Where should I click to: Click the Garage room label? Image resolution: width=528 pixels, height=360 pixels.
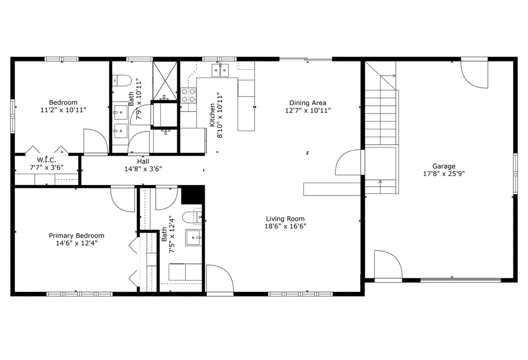point(443,166)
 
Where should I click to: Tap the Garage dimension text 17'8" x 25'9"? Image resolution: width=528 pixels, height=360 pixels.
point(443,174)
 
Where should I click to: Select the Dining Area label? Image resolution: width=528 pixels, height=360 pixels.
point(308,103)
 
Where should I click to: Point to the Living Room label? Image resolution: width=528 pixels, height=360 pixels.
point(285,219)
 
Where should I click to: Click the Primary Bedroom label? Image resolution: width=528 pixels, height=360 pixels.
point(76,236)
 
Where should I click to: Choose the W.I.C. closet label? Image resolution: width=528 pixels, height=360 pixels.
point(46,159)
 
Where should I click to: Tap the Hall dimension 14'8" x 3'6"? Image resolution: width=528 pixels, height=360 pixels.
point(143,169)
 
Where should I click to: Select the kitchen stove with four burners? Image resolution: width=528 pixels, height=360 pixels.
point(188,95)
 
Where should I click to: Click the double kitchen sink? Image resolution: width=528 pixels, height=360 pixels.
point(220,70)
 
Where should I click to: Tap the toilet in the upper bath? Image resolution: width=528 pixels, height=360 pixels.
point(122,80)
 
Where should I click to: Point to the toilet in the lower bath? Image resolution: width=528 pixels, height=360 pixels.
point(194,217)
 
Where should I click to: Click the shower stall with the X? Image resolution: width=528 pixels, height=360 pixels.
point(165,80)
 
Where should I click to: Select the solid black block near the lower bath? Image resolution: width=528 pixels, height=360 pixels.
point(192,195)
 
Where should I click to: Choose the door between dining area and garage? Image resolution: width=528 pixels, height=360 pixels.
point(350,162)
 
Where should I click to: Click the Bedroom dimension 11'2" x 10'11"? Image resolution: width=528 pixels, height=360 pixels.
point(63,110)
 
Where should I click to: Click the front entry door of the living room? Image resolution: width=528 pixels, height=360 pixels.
point(219,279)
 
